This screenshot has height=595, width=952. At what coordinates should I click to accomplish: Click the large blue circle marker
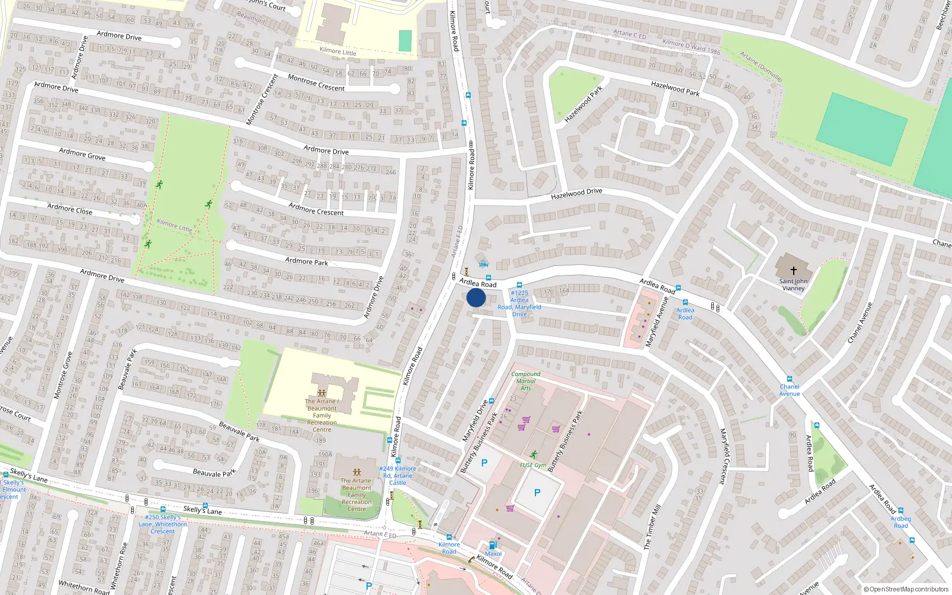coord(476,297)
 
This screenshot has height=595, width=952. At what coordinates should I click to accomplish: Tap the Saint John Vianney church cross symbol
coord(793,270)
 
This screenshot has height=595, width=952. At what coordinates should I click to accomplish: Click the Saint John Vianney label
coord(793,285)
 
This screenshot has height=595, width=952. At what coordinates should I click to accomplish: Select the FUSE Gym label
coord(533,465)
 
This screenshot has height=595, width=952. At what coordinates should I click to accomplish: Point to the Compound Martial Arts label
coord(526,381)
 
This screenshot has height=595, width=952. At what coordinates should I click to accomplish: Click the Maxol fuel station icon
coord(493,545)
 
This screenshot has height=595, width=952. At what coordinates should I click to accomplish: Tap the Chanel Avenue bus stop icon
coord(790,379)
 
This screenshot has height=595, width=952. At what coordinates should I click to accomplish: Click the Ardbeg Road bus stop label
coord(901,522)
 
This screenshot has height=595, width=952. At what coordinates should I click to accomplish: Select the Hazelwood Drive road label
coord(577,193)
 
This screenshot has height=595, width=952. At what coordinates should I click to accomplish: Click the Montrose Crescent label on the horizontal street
coord(316,83)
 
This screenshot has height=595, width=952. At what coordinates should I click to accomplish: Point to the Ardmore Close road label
coord(70,209)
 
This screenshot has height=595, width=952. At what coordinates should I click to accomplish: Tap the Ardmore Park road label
coord(306,261)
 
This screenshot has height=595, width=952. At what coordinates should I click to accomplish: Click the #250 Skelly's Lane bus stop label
coord(163,524)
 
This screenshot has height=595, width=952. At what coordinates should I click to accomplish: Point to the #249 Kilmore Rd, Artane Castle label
coord(397,475)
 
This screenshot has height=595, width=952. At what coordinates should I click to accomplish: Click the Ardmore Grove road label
coord(82,155)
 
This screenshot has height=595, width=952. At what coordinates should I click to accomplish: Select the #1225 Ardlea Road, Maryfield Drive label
coord(519,303)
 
